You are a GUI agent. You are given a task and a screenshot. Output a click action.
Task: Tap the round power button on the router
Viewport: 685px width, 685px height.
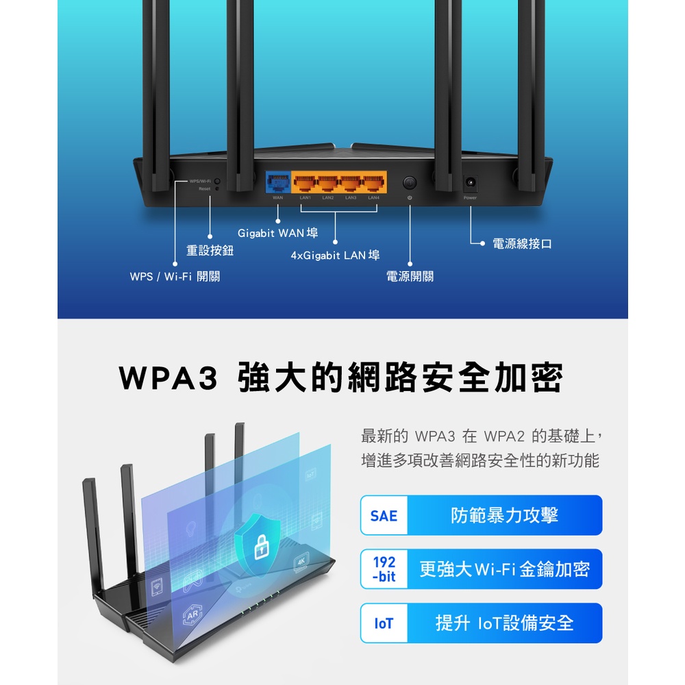410,182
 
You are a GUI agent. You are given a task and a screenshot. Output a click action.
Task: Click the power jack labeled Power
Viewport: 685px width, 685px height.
471,183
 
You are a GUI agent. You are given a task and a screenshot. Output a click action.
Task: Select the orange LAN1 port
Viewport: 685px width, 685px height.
305,182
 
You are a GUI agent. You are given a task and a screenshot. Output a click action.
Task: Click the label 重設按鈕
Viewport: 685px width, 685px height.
210,251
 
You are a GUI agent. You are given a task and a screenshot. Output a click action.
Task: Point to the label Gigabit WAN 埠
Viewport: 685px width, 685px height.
277,234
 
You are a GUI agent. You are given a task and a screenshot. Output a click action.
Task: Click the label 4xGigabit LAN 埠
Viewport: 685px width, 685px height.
335,256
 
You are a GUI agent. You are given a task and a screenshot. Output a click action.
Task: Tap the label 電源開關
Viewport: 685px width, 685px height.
410,276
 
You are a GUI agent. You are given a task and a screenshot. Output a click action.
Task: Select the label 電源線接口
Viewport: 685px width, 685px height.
522,244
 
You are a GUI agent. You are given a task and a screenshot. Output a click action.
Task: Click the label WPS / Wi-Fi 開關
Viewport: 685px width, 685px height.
175,276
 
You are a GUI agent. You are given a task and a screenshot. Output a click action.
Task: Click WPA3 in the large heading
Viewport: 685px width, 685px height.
169,379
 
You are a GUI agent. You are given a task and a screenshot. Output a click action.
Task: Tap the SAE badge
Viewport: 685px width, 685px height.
384,515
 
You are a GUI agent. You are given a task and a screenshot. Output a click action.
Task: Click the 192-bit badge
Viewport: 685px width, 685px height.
384,569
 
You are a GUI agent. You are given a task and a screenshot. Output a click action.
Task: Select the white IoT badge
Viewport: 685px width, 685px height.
384,623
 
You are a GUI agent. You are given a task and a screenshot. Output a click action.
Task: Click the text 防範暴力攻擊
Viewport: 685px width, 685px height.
504,515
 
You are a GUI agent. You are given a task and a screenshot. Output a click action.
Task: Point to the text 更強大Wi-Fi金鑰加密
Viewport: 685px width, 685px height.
504,569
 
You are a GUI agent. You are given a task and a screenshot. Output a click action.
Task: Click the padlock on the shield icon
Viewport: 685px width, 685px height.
263,547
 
